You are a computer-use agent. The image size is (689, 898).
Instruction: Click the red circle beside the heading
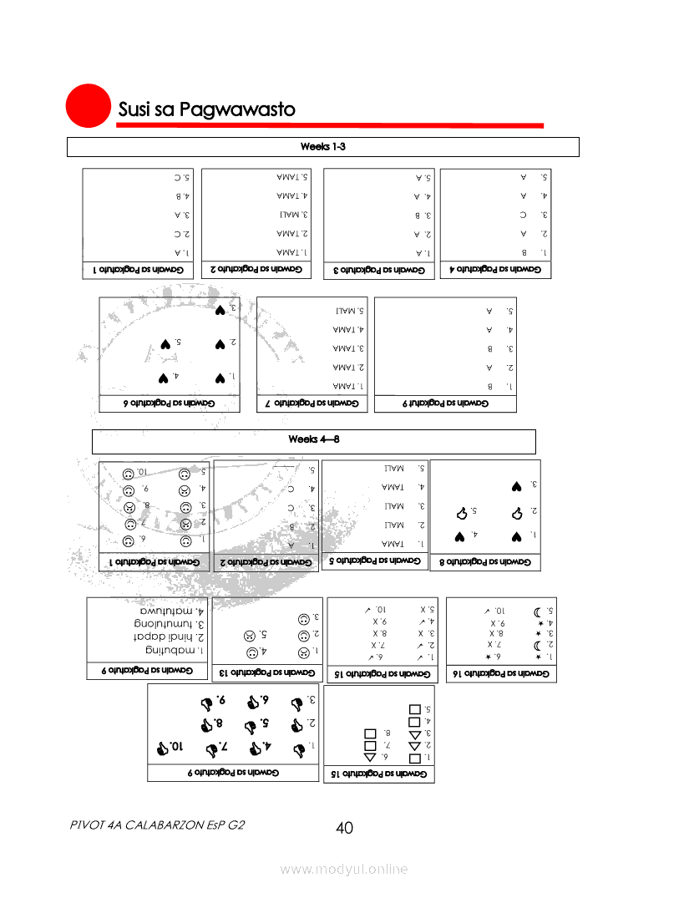89,108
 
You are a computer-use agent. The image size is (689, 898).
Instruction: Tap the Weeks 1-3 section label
322,147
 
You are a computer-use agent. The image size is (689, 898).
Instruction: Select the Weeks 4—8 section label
313,439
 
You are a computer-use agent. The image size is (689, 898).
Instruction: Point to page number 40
344,828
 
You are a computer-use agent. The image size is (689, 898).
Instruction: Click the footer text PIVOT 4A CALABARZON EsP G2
158,824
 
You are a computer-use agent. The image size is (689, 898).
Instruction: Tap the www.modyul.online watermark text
344,870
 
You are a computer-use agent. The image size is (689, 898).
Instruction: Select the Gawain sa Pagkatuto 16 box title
499,672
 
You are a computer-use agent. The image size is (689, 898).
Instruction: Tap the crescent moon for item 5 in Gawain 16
535,611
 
